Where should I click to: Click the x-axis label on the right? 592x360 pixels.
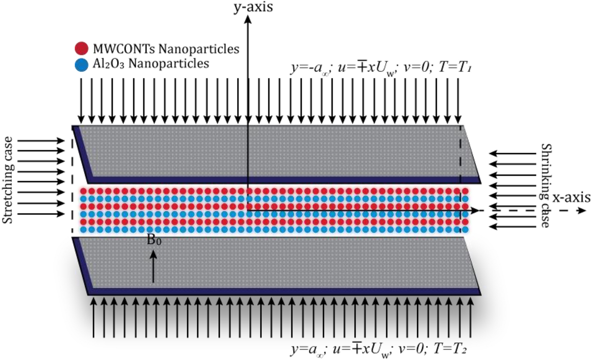pyautogui.click(x=571, y=198)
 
